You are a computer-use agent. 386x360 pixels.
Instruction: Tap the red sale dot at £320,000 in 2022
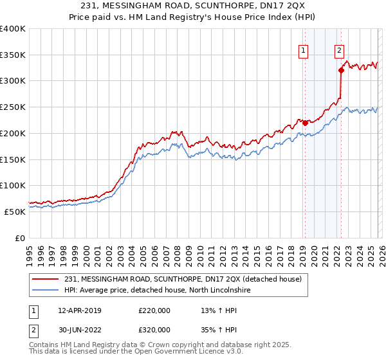pyautogui.click(x=341, y=71)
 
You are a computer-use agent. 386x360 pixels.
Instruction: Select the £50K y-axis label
pyautogui.click(x=15, y=212)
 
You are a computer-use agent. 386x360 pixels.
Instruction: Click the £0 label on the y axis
pyautogui.click(x=19, y=238)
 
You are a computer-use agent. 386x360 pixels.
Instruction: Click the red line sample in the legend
pyautogui.click(x=46, y=278)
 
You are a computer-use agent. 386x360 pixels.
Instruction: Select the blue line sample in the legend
pyautogui.click(x=46, y=290)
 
